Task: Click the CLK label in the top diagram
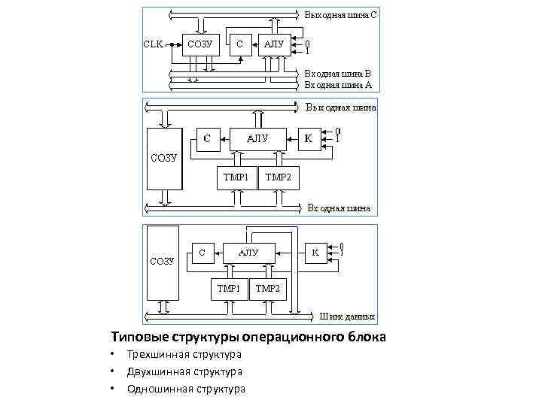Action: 154,44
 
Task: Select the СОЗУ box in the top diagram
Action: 199,44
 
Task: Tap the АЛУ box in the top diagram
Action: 274,44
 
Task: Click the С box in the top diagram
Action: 239,44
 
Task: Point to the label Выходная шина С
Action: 341,14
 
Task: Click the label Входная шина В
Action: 337,74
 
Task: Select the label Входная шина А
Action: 337,85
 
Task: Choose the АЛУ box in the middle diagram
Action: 257,138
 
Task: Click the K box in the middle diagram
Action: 308,138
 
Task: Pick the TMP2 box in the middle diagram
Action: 279,178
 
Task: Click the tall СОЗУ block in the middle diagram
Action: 163,158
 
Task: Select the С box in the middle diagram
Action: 207,138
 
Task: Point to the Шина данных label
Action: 348,317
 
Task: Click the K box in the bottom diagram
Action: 315,253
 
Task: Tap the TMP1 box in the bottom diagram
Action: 228,288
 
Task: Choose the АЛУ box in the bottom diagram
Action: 248,253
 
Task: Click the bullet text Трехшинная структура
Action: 184,354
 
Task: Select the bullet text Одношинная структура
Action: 186,389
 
